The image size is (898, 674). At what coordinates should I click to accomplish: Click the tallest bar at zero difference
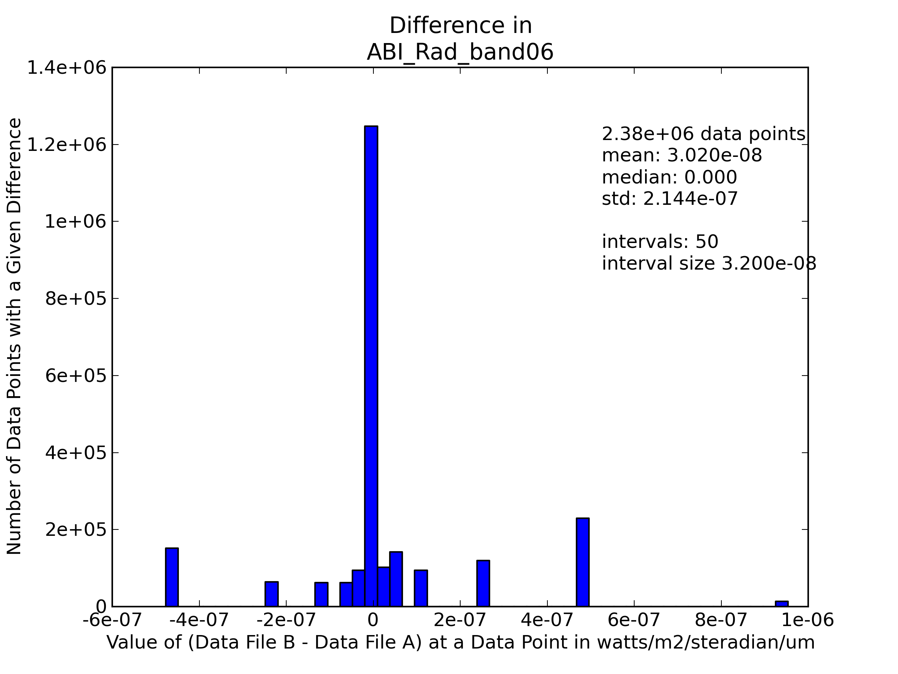371,365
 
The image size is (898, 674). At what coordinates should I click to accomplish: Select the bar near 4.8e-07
583,562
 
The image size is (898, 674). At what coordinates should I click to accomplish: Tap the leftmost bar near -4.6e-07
172,577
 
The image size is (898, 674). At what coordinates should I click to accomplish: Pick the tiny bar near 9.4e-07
782,604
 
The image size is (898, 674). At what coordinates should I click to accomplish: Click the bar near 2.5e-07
483,583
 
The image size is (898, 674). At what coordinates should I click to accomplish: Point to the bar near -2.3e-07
272,593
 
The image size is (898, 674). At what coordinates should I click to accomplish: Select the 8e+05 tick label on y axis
76,298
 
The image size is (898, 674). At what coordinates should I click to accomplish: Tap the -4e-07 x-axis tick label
199,620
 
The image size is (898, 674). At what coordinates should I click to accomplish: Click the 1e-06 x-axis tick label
807,620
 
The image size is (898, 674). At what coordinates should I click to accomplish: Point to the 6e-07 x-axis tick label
634,620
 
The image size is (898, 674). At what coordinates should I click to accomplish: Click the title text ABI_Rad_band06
460,53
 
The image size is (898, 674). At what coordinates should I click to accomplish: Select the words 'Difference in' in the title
460,25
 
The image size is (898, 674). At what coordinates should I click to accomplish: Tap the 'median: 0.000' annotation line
669,177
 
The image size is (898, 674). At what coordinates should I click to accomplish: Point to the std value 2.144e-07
690,199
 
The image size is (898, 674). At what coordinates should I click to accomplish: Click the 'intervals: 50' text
660,242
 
